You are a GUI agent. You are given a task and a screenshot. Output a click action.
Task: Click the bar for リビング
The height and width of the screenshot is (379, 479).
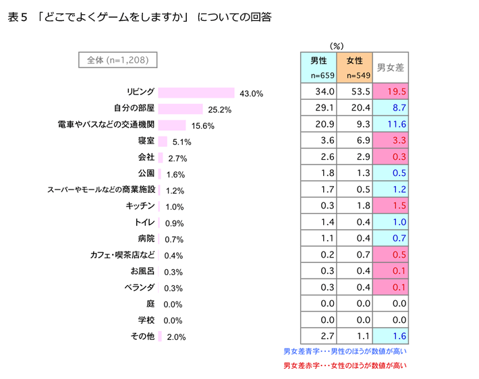(x=196, y=92)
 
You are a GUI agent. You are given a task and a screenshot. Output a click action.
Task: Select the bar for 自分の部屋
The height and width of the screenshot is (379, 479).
(x=180, y=109)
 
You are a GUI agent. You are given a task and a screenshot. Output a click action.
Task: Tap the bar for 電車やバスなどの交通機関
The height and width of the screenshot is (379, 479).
(x=171, y=125)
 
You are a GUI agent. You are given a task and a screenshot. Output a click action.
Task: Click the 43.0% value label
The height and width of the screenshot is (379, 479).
(x=252, y=93)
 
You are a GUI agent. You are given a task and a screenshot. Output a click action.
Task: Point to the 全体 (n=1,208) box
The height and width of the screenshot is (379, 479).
(x=118, y=60)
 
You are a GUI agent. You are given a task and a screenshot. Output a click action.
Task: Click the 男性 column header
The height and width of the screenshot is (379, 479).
(x=318, y=67)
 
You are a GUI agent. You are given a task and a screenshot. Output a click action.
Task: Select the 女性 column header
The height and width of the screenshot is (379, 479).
(x=355, y=67)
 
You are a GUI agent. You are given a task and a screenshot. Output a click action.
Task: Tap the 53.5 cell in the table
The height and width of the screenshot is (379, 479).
(x=355, y=92)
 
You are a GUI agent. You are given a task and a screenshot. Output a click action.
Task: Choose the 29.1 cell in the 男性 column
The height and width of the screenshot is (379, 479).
(x=318, y=108)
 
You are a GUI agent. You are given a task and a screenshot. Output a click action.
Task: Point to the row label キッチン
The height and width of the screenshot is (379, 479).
(x=141, y=206)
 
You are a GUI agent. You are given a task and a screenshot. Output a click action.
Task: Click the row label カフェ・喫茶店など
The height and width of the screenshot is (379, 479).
(x=123, y=255)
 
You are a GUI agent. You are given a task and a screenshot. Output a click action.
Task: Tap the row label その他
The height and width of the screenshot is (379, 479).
(x=143, y=336)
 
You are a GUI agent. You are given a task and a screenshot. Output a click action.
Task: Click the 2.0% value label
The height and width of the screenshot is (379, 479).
(x=176, y=337)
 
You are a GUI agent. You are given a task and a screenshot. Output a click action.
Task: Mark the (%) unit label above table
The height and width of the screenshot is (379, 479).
(x=337, y=45)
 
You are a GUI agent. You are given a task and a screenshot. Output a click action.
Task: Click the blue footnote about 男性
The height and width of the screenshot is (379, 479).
(x=345, y=351)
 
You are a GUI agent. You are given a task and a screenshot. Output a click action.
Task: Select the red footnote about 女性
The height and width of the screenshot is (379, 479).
(x=345, y=366)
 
